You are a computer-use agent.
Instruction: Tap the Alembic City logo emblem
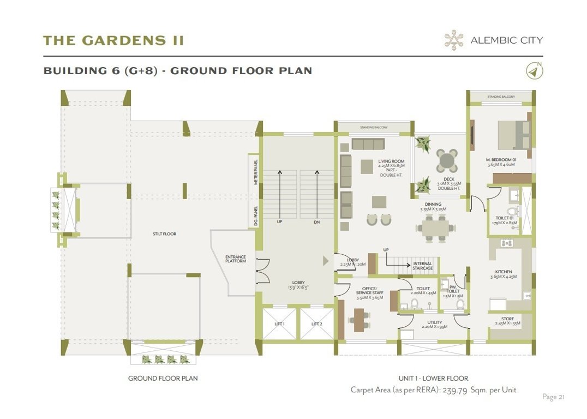coord(454,40)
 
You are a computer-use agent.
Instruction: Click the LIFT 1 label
coord(279,324)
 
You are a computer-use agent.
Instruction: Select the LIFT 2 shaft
coord(317,324)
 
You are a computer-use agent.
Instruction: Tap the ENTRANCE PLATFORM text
coord(236,259)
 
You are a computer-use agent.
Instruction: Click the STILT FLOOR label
coord(164,234)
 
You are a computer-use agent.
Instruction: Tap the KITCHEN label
coord(504,272)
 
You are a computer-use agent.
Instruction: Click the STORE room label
coord(507,319)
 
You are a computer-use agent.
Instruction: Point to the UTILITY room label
coord(435,324)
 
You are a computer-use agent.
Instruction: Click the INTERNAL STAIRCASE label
coord(423,266)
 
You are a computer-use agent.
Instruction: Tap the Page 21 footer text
coord(553,397)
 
